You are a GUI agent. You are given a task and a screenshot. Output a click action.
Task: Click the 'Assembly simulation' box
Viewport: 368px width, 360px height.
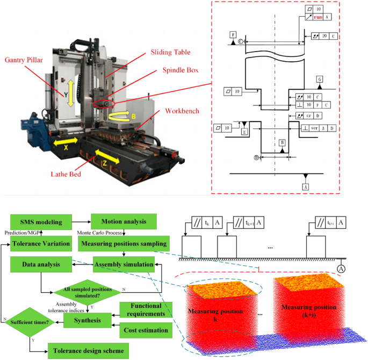coord(124,264)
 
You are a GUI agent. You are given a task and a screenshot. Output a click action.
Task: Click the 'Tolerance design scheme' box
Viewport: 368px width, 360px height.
coord(88,351)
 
